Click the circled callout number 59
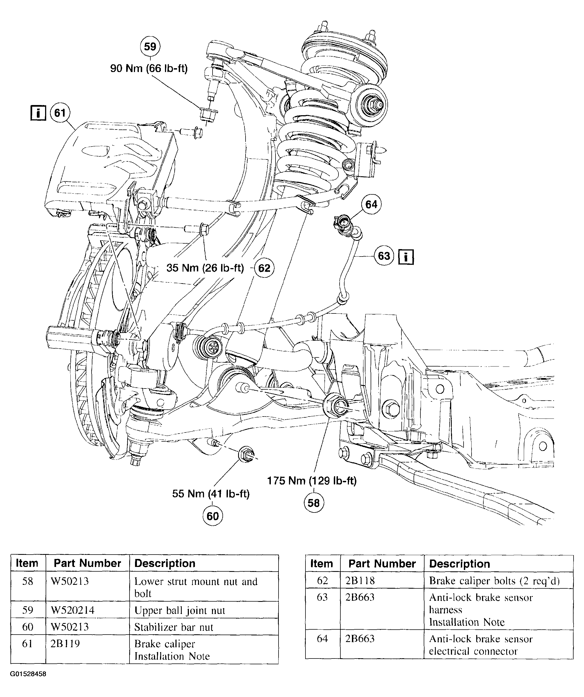(150, 46)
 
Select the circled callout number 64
(371, 205)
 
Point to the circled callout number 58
(313, 503)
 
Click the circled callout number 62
(264, 268)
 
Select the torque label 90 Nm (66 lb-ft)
(149, 68)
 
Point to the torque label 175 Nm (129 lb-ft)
(312, 480)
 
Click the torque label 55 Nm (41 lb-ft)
(211, 494)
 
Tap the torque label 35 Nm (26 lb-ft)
(205, 268)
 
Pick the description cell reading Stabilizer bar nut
(173, 627)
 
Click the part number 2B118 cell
(360, 580)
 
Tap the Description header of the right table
(459, 564)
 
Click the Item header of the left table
(27, 563)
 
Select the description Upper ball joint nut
(180, 610)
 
